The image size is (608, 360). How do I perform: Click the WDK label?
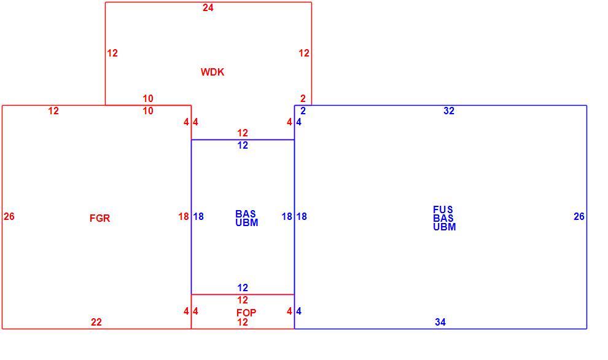click(212, 72)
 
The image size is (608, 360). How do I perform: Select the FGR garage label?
click(99, 218)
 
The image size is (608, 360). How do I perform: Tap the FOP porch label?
click(246, 312)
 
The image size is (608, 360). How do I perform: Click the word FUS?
click(443, 209)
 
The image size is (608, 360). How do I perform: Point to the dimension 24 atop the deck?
click(208, 7)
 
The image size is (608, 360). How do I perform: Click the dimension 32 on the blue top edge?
click(449, 111)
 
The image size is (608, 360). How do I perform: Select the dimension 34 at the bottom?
click(440, 321)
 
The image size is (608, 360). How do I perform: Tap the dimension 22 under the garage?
click(96, 321)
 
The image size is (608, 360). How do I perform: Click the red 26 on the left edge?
click(9, 216)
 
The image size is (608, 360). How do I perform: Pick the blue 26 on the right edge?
click(579, 216)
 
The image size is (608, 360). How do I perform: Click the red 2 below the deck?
click(303, 98)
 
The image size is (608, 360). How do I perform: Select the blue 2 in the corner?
click(303, 111)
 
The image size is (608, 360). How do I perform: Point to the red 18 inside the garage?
click(184, 216)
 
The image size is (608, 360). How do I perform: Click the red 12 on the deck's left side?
click(112, 53)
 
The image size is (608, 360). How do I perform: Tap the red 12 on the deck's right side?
click(304, 53)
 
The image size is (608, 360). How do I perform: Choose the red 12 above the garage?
click(53, 111)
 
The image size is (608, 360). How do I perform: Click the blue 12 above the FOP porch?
click(243, 288)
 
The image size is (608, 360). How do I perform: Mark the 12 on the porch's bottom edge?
click(243, 321)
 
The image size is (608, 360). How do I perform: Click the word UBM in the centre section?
click(247, 222)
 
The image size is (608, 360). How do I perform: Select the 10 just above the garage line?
click(148, 98)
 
